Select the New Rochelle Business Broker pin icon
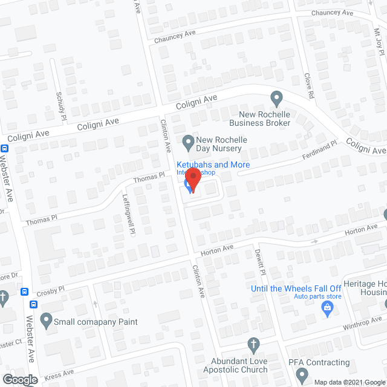[276, 97]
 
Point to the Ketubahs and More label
[213, 164]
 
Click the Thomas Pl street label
[149, 177]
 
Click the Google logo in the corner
[19, 379]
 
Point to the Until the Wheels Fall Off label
[296, 288]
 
